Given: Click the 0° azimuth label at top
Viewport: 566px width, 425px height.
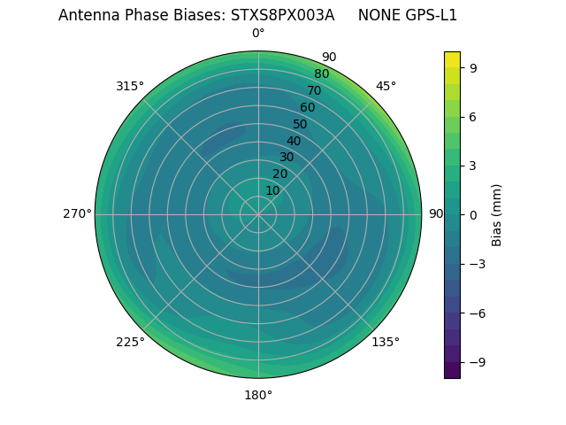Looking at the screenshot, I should point(258,34).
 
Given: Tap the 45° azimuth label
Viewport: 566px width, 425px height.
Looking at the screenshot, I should point(386,86).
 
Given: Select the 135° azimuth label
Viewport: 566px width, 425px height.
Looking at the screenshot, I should point(386,342).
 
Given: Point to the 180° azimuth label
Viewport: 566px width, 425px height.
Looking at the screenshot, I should point(258,395).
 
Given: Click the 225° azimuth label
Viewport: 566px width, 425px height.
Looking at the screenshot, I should point(130,342).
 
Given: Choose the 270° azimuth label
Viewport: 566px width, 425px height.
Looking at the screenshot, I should point(77,214).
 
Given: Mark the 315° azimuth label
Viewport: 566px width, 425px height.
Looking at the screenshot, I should point(130,86).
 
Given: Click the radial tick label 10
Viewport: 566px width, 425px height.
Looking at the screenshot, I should point(272,190).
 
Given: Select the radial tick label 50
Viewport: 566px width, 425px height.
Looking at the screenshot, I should point(300,124).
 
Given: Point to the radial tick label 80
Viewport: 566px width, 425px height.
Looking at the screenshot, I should point(321,74).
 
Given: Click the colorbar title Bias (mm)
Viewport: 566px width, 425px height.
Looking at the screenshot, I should point(497,214).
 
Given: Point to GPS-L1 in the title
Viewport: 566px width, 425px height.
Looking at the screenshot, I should point(429,15).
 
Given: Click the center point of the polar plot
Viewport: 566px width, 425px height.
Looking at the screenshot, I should point(258,214).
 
